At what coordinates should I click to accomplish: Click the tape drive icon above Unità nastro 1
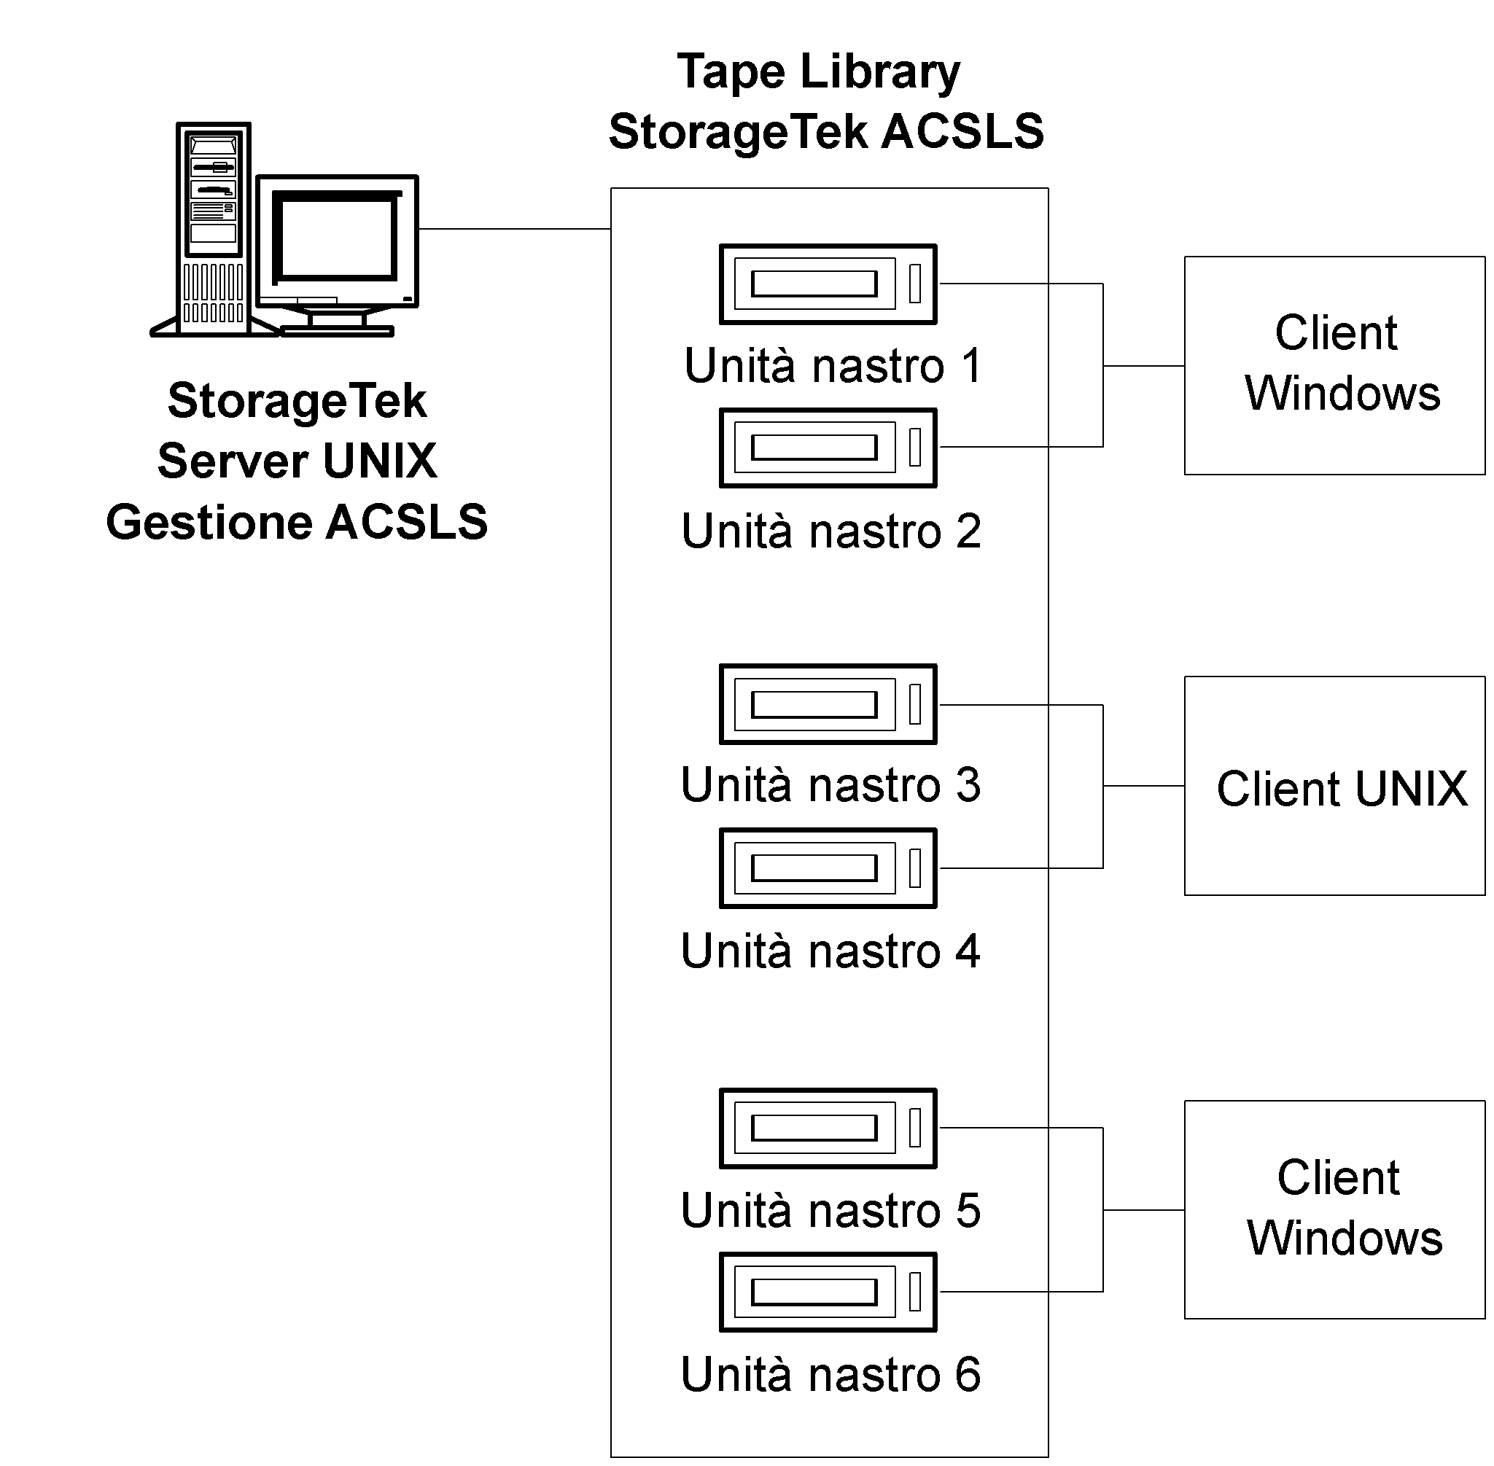click(x=828, y=284)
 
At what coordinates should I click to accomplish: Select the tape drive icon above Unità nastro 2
click(x=828, y=448)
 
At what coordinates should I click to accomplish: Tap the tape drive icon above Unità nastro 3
click(x=828, y=704)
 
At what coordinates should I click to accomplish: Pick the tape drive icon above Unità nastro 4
click(x=828, y=868)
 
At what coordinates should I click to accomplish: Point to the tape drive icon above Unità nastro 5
click(x=828, y=1128)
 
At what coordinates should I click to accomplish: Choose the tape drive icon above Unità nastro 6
click(x=828, y=1292)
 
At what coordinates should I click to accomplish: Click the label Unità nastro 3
click(x=830, y=785)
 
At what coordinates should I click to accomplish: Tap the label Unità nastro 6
click(x=830, y=1374)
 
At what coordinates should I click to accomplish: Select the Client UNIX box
click(x=1334, y=786)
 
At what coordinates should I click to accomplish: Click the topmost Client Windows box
click(x=1334, y=366)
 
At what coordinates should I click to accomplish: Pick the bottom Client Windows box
click(x=1334, y=1209)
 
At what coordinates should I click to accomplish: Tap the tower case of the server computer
click(x=214, y=229)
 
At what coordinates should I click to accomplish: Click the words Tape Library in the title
click(x=819, y=72)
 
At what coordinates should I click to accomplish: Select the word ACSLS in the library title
click(x=962, y=132)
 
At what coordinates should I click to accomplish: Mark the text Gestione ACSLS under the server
click(x=297, y=522)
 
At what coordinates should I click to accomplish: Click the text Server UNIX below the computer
click(x=297, y=461)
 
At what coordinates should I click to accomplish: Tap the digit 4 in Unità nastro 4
click(x=968, y=951)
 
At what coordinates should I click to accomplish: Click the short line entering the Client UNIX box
click(x=1143, y=786)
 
